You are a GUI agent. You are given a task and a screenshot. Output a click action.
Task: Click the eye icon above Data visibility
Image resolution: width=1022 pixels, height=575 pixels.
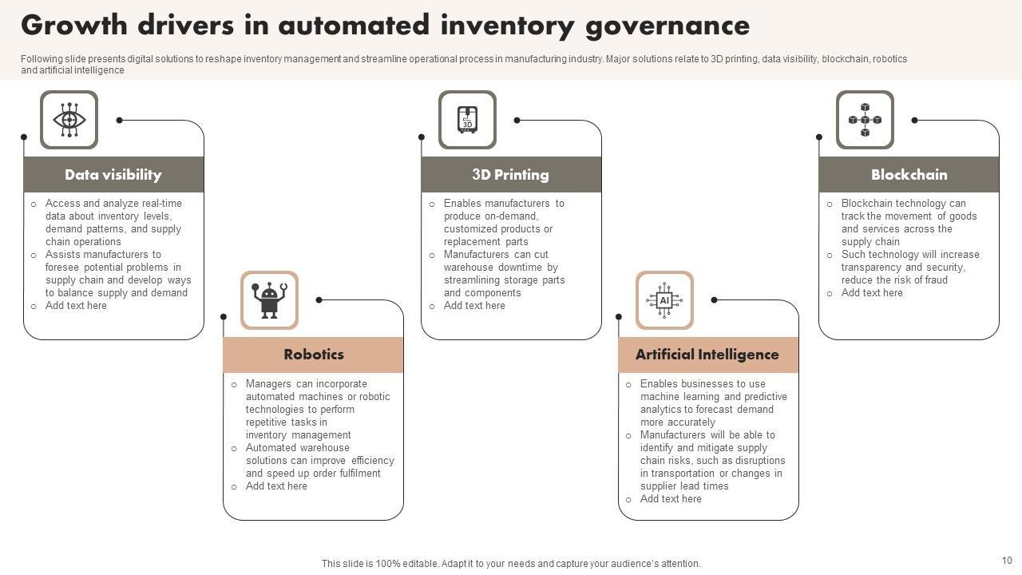(x=69, y=120)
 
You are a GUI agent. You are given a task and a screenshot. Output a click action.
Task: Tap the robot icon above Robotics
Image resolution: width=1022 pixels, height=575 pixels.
(x=269, y=300)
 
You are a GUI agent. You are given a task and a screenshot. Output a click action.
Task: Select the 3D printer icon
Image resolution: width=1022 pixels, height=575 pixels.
(x=467, y=120)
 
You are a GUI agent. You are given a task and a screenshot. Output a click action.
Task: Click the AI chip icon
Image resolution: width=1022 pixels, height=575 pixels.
(x=664, y=300)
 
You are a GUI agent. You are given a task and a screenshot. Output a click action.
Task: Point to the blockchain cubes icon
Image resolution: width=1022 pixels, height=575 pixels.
(x=865, y=120)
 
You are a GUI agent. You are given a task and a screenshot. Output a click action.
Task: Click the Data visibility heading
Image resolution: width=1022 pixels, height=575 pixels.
(x=113, y=175)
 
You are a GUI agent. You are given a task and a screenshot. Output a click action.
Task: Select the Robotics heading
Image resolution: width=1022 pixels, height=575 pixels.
(x=314, y=355)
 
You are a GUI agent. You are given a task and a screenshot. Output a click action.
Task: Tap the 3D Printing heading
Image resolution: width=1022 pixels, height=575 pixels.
(x=510, y=175)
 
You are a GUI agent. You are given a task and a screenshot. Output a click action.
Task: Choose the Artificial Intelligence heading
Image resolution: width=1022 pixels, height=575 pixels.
(x=707, y=355)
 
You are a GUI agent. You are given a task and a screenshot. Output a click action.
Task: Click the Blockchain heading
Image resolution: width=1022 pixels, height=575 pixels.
(x=909, y=175)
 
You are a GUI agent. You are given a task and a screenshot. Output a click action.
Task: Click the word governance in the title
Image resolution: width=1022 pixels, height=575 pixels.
(x=667, y=26)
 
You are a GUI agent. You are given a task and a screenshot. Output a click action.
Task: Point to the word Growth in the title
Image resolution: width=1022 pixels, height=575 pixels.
(x=74, y=26)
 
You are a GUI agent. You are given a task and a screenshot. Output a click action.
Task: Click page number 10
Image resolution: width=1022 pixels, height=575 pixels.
(x=1007, y=561)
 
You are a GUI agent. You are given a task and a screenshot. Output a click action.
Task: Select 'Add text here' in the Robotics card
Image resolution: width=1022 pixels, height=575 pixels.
(x=276, y=486)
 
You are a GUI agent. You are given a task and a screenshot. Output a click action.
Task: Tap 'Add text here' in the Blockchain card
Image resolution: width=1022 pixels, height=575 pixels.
(x=872, y=293)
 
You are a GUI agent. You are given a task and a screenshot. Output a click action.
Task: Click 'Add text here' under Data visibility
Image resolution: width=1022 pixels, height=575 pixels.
(x=76, y=306)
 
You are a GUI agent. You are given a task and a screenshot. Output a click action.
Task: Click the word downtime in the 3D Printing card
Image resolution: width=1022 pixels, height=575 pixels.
(x=523, y=268)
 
